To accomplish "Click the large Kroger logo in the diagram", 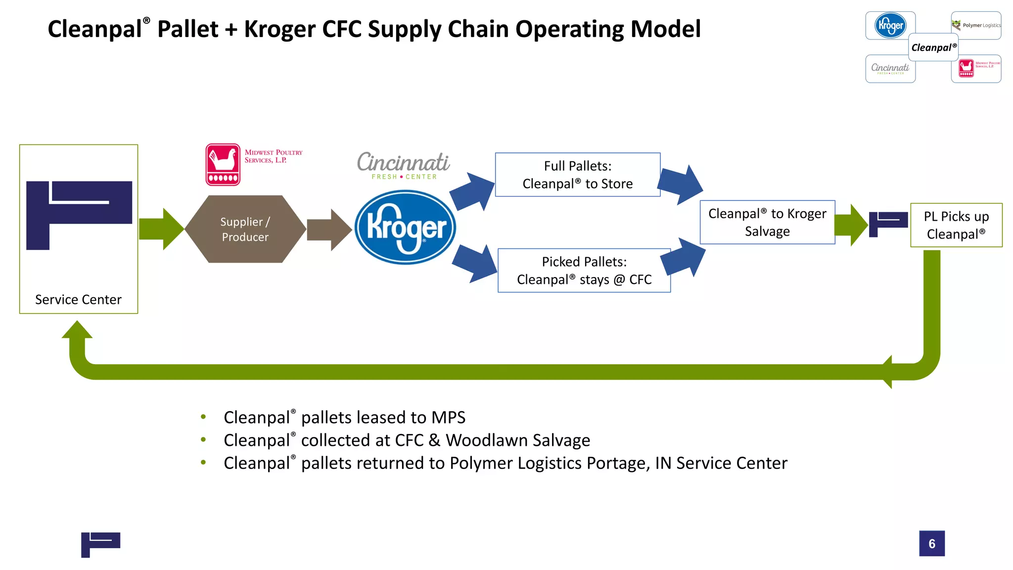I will click(x=405, y=228).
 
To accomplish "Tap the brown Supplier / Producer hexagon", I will click(x=245, y=229).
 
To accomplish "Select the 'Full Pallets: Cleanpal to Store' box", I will click(x=577, y=175).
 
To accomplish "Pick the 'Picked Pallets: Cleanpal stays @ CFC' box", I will click(x=584, y=271).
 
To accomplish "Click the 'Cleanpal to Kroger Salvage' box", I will click(x=767, y=222).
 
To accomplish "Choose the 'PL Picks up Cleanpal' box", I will click(x=956, y=225).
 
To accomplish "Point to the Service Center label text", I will click(x=78, y=300).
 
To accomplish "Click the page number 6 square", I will click(x=931, y=543).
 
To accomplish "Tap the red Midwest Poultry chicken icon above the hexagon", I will click(x=223, y=165).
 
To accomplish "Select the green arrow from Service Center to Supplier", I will click(x=161, y=229).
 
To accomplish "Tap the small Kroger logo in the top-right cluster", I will click(x=890, y=25).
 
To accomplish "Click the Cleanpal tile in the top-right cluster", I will click(x=933, y=47).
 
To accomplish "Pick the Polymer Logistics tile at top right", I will click(x=976, y=25).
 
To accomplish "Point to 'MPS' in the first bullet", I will click(x=448, y=418).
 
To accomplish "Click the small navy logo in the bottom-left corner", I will click(x=100, y=544).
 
